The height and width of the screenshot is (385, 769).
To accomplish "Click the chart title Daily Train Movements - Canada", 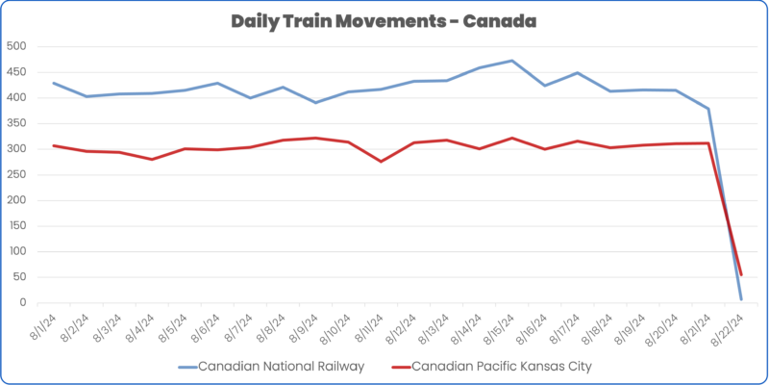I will point(384,20).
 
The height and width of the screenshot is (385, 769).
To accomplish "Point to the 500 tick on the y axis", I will point(16,46).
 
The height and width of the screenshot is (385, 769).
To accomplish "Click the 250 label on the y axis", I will point(16,174).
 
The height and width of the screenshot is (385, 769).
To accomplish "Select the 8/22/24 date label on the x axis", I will point(728,321).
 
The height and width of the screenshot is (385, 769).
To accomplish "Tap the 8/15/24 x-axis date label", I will point(499,321).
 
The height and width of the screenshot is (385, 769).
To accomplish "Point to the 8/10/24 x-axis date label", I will point(335,321).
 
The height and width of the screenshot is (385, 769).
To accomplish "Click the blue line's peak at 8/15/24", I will point(511,61).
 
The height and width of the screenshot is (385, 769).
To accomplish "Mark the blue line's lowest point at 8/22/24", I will point(740,299).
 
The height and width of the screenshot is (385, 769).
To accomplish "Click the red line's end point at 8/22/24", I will point(740,275).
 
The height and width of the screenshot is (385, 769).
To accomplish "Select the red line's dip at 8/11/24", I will point(381,162).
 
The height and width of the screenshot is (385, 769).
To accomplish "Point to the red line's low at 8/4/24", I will point(152,159).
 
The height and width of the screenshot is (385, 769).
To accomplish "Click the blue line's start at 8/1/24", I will point(54,83).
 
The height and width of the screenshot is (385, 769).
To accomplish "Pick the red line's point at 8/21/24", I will point(707,143).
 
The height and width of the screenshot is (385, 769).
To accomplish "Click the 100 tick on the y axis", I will point(16,251).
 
